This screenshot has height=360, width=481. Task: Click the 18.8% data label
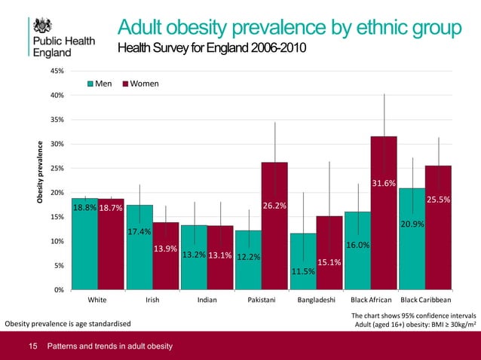(84, 207)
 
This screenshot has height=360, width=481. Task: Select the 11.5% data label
(302, 271)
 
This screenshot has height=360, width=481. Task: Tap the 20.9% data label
(412, 224)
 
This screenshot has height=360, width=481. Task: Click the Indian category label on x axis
(207, 299)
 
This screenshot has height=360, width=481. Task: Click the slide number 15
(32, 346)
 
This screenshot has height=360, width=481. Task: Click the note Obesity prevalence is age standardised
(68, 324)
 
